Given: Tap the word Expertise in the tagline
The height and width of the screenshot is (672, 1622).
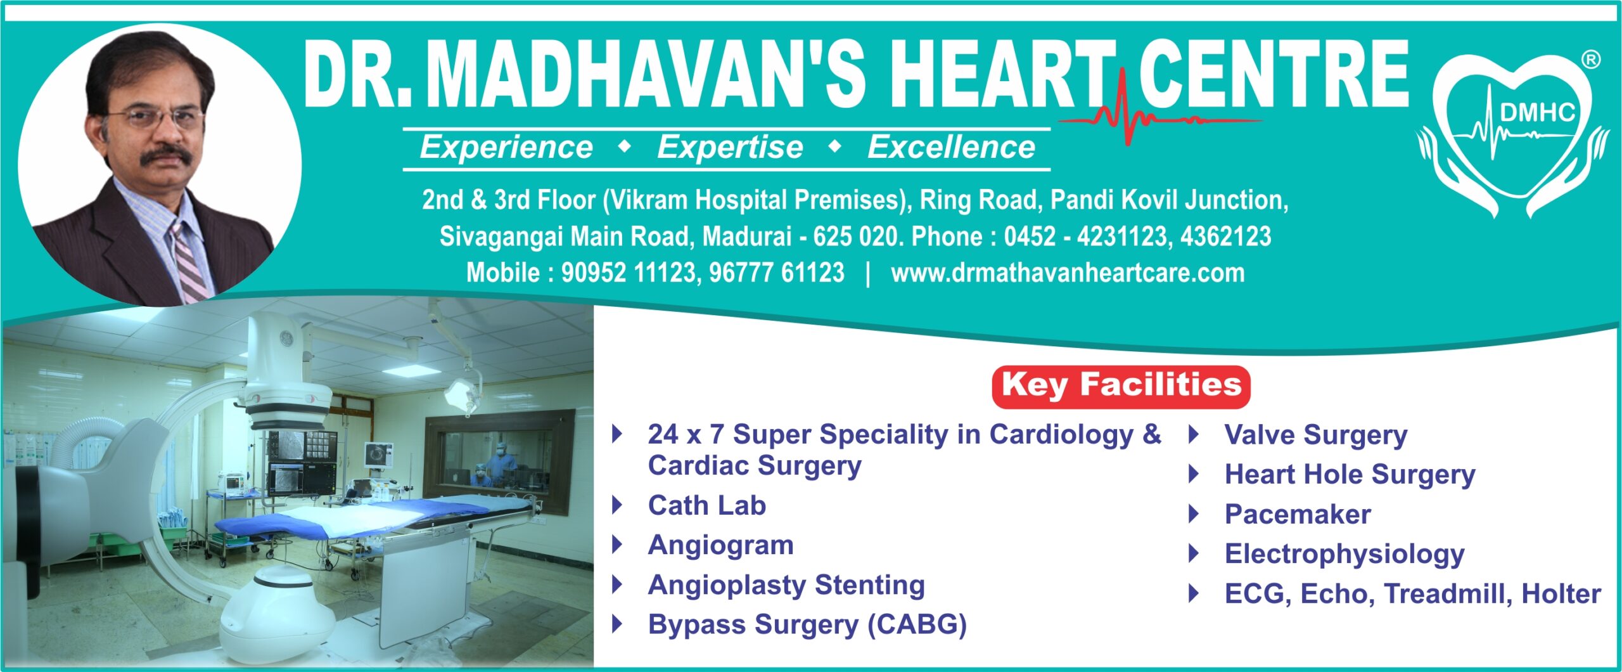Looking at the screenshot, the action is click(x=730, y=148).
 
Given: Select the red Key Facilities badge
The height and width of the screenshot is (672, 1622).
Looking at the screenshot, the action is click(x=1121, y=386).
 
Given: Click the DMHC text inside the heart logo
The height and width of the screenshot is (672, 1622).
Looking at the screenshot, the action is click(x=1537, y=112).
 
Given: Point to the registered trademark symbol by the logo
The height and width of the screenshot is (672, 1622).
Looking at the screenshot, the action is click(x=1591, y=60).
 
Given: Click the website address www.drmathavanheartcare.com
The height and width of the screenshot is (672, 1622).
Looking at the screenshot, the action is click(x=1068, y=273).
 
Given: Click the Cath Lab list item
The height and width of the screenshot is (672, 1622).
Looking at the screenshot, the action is click(x=706, y=505).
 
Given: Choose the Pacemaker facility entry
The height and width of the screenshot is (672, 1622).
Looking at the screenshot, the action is click(x=1297, y=514).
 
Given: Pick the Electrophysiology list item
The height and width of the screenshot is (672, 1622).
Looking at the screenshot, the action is click(x=1344, y=554).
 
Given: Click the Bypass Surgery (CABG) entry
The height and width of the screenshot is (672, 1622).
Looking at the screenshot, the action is click(x=807, y=624).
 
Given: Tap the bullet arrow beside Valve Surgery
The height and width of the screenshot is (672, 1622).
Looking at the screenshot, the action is click(x=1194, y=434).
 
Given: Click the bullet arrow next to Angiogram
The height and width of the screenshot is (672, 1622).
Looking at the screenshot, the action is click(x=617, y=545).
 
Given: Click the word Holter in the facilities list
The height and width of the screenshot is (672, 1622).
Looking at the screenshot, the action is click(x=1561, y=594).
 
